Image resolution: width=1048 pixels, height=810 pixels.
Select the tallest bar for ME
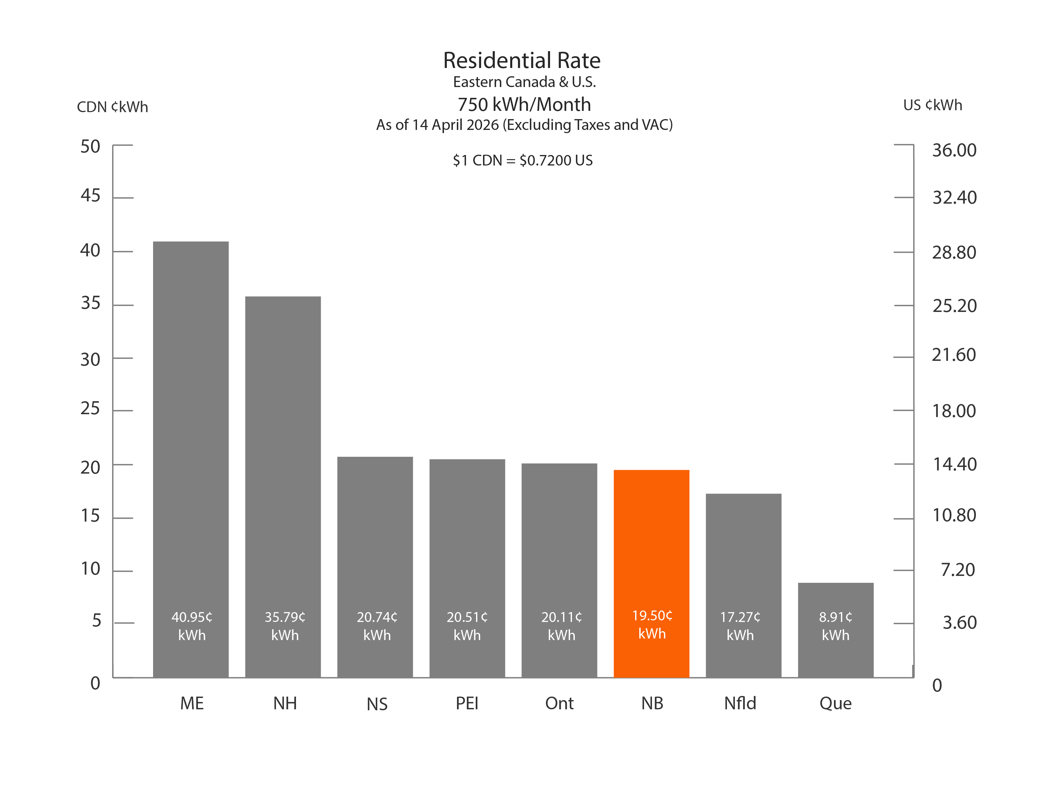coord(191,432)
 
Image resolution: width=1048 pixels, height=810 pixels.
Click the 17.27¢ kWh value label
coord(740,626)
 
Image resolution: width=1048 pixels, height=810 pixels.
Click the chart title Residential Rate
coord(521,60)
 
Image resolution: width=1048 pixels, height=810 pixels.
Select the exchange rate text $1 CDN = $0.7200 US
coord(522,160)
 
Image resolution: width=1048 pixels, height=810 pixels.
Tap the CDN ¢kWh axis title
coord(112,106)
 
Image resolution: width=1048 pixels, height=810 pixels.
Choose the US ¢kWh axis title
coord(932,105)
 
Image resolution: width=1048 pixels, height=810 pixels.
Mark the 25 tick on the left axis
coord(90,408)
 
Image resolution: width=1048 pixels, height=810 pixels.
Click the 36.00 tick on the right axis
coord(954,150)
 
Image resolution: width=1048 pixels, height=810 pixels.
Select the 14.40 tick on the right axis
coord(954,464)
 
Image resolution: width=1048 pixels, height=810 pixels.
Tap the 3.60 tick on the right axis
coord(959,622)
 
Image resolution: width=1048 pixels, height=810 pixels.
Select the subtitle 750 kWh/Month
coord(524,105)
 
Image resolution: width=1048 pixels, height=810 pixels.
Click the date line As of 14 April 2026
coord(524,125)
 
